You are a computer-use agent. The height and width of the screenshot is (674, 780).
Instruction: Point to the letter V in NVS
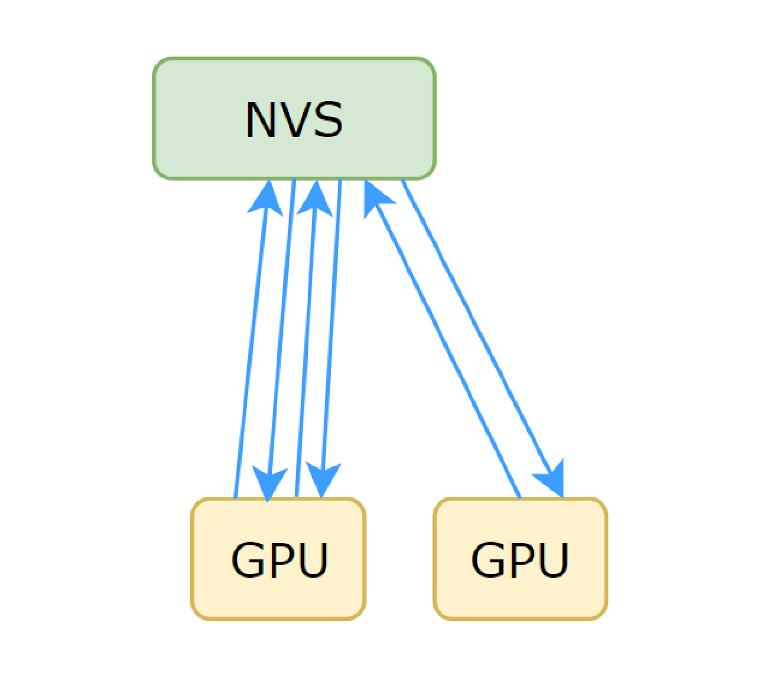pos(294,121)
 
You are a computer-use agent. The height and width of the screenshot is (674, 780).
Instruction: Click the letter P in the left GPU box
pos(281,559)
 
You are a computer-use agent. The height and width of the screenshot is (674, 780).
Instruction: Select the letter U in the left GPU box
pos(313,559)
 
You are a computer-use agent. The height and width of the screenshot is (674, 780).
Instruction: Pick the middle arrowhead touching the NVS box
pos(315,198)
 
